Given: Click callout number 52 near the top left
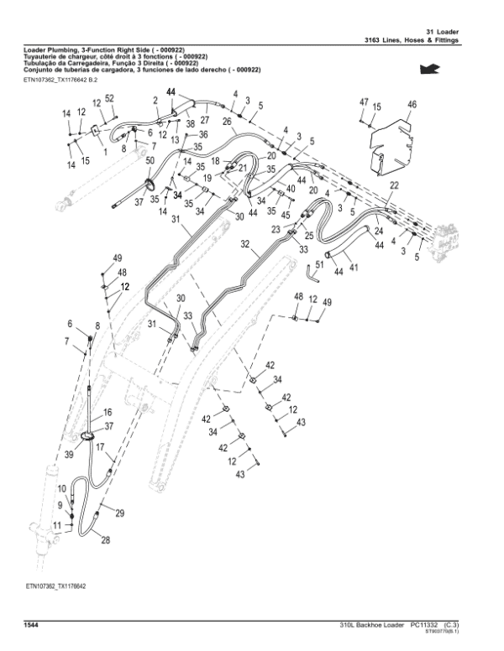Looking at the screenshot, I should pyautogui.click(x=110, y=98).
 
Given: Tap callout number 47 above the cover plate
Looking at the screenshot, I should pyautogui.click(x=364, y=102).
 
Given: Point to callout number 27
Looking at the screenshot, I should pyautogui.click(x=204, y=121).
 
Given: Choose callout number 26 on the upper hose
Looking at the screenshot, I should pyautogui.click(x=227, y=121).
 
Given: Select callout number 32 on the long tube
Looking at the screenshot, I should pyautogui.click(x=244, y=245).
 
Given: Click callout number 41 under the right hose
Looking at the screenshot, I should pyautogui.click(x=354, y=268).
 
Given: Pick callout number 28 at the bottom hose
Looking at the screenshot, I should pyautogui.click(x=106, y=540).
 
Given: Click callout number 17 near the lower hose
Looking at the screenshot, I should pyautogui.click(x=100, y=447).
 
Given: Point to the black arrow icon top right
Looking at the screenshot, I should pyautogui.click(x=429, y=68).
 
